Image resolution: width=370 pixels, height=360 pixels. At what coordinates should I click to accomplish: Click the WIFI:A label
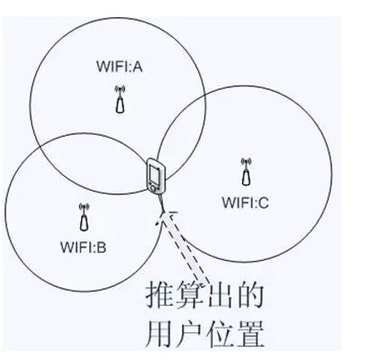click(119, 67)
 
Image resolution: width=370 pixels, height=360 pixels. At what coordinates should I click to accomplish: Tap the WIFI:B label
click(84, 247)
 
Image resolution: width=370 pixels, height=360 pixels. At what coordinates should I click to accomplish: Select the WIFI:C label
click(245, 202)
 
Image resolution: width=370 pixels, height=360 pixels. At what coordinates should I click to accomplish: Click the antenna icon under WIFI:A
click(120, 99)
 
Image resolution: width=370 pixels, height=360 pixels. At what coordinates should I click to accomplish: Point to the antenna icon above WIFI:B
click(84, 217)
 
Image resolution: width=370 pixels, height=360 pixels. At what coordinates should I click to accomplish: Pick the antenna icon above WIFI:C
click(246, 172)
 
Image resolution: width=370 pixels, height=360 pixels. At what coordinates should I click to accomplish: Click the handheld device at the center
click(156, 175)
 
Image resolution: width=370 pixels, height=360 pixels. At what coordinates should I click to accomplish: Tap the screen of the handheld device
click(155, 174)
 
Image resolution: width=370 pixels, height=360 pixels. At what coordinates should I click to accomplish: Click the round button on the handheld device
click(153, 188)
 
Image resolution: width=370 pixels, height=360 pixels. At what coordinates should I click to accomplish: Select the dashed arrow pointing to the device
click(182, 247)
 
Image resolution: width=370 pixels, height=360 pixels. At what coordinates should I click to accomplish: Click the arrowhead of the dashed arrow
click(165, 217)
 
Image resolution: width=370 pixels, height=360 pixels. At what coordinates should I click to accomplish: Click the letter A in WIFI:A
click(137, 67)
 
